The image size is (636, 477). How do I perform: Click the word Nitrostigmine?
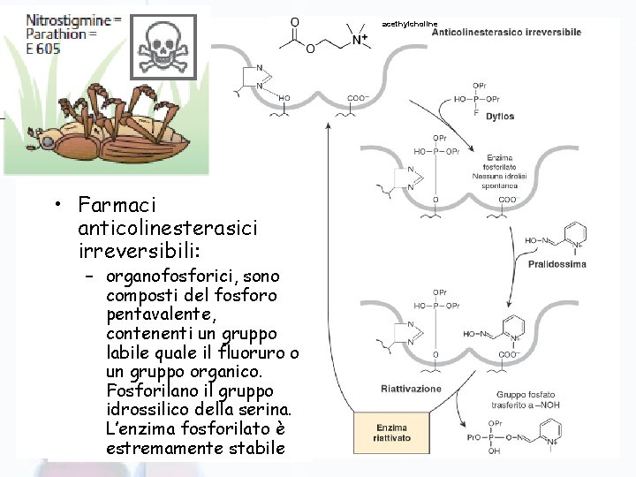(67, 19)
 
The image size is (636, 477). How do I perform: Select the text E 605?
(43, 49)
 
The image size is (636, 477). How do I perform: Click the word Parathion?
(55, 34)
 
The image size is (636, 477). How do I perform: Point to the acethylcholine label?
(409, 23)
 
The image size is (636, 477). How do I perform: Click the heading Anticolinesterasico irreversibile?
(506, 33)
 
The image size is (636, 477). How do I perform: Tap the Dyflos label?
(500, 117)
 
